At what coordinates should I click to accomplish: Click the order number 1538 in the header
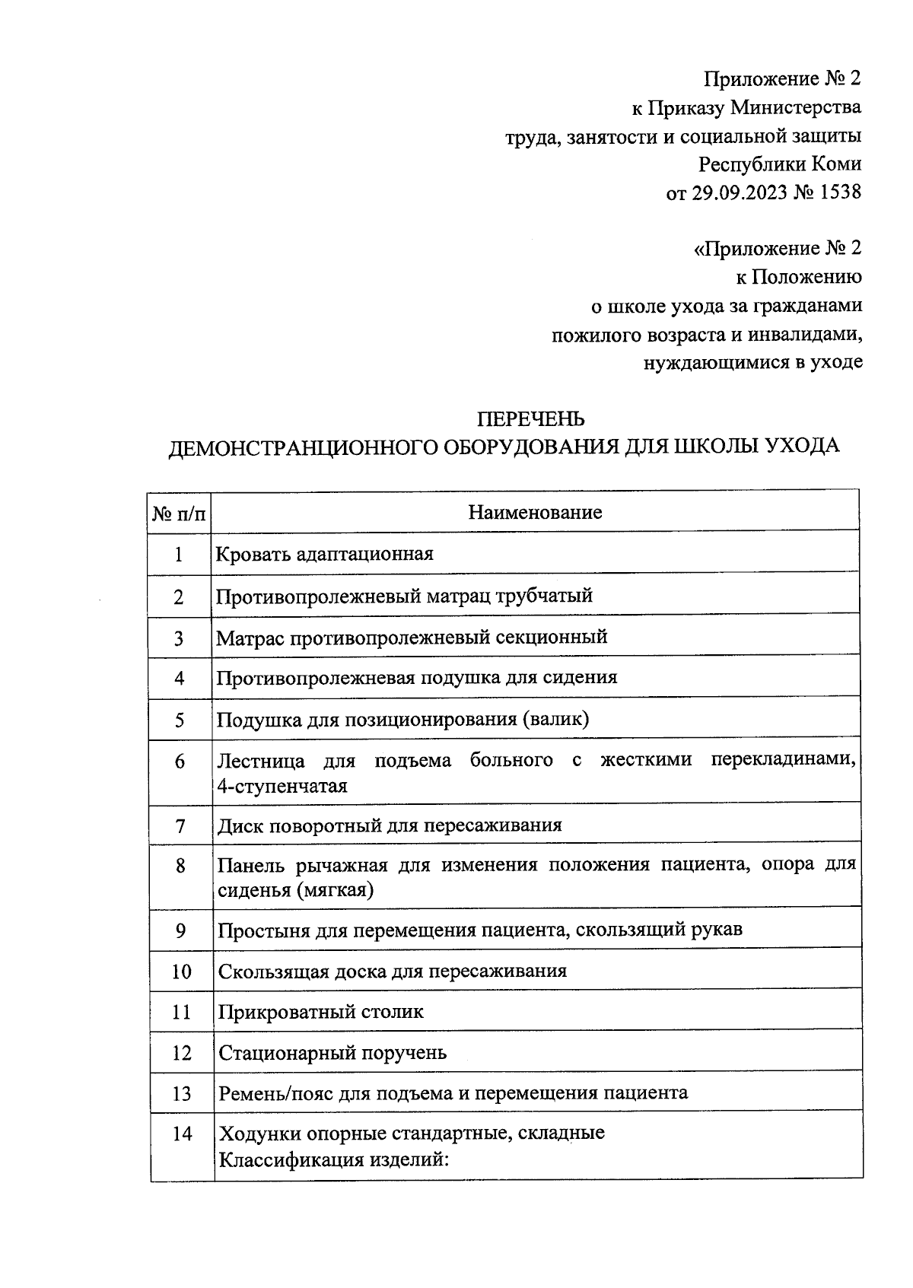pyautogui.click(x=841, y=192)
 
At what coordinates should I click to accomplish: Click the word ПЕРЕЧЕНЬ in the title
pyautogui.click(x=530, y=418)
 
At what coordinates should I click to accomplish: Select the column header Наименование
pyautogui.click(x=535, y=512)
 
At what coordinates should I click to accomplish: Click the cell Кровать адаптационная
pyautogui.click(x=325, y=554)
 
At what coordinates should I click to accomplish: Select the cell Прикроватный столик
pyautogui.click(x=320, y=1012)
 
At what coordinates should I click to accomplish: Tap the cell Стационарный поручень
pyautogui.click(x=332, y=1053)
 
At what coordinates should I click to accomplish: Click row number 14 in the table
pyautogui.click(x=182, y=1134)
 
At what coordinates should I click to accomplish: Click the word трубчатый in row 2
pyautogui.click(x=545, y=596)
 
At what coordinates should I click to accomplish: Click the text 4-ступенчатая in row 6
pyautogui.click(x=282, y=786)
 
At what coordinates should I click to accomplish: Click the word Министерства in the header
pyautogui.click(x=795, y=107)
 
